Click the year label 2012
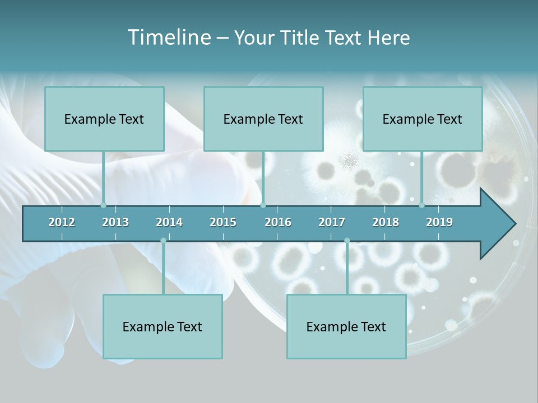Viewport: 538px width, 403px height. (x=62, y=222)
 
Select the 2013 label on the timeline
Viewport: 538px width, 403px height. (x=115, y=222)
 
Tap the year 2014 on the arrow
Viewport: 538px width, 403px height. (x=169, y=222)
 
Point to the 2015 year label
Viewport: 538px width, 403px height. (x=223, y=222)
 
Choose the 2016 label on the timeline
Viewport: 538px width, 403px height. (x=278, y=222)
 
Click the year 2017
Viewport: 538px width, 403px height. (x=332, y=222)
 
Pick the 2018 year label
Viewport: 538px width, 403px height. (x=386, y=222)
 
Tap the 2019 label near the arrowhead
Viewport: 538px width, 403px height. (x=439, y=222)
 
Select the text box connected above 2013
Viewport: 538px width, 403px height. (x=104, y=119)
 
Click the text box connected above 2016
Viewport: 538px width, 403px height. (x=263, y=119)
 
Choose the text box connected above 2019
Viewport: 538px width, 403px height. (x=423, y=119)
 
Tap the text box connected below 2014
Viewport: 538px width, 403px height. (x=163, y=326)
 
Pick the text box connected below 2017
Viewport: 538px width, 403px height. (x=346, y=326)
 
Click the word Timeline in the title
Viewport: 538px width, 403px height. (x=168, y=38)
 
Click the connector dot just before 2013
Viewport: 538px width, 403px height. (x=103, y=205)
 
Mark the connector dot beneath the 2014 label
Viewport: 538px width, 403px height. (x=163, y=240)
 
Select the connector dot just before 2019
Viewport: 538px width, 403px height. (x=421, y=205)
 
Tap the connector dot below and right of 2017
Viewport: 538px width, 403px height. (x=347, y=240)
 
